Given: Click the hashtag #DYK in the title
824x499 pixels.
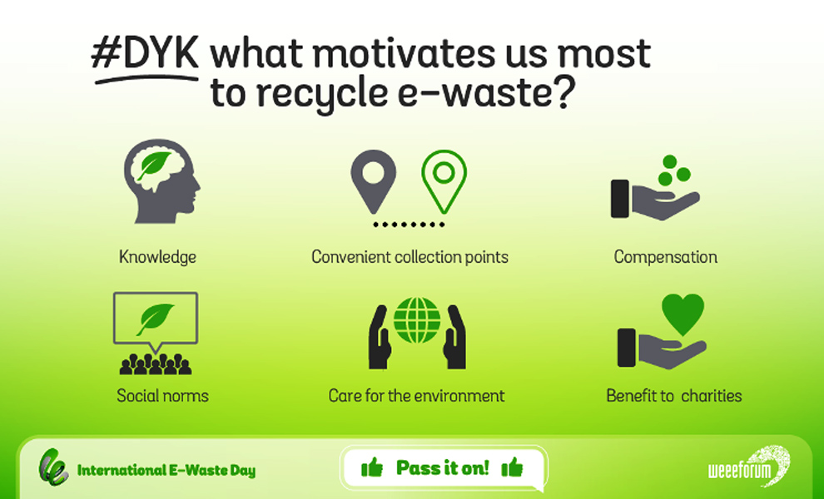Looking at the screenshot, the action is tap(145, 53).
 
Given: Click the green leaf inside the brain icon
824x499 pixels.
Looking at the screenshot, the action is tap(154, 166).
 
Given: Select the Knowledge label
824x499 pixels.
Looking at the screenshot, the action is tap(157, 257).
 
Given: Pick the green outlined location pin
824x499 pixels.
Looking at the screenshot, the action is tap(444, 182).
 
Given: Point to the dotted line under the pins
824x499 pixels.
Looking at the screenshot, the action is tap(409, 225).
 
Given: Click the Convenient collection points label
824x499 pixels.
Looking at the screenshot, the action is tap(410, 257).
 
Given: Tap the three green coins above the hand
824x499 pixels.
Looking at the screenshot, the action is tap(674, 170).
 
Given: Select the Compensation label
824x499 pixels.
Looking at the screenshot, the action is tap(665, 257).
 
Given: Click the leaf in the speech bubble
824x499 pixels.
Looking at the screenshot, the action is tap(155, 319).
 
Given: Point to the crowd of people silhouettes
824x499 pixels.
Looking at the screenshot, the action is tap(156, 364).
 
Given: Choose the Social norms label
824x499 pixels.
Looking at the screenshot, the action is tap(162, 396).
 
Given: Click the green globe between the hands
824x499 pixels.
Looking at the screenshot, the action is tap(417, 320).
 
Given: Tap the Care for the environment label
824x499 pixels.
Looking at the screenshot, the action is tap(416, 396).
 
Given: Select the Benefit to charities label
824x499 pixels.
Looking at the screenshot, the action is tap(674, 396).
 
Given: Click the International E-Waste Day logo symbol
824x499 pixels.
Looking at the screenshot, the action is tap(53, 467).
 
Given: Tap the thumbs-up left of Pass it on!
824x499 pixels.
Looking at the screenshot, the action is tap(372, 467).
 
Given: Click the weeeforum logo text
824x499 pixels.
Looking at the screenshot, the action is tap(740, 470).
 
